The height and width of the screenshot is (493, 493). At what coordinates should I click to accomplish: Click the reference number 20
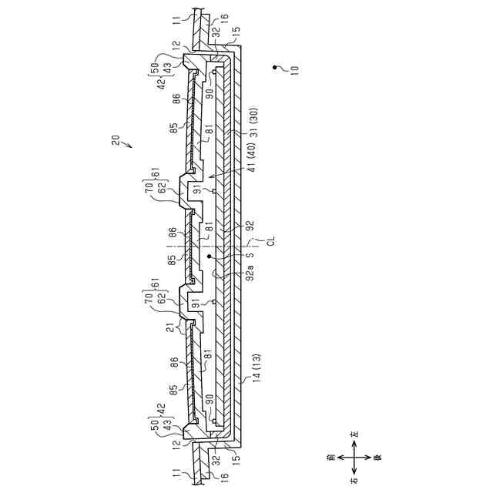(116, 141)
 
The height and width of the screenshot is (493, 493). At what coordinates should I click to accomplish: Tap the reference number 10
(293, 68)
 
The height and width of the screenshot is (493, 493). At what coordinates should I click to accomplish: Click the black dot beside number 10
(276, 69)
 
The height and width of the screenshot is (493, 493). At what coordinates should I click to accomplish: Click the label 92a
(250, 273)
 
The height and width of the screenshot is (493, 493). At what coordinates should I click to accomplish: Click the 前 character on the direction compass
(330, 461)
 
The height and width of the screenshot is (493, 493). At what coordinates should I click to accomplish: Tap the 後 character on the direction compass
(378, 461)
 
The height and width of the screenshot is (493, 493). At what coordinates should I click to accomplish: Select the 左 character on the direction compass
(354, 437)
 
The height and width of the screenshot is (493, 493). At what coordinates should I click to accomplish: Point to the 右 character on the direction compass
(354, 484)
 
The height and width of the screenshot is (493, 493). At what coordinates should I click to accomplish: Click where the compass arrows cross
(354, 461)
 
